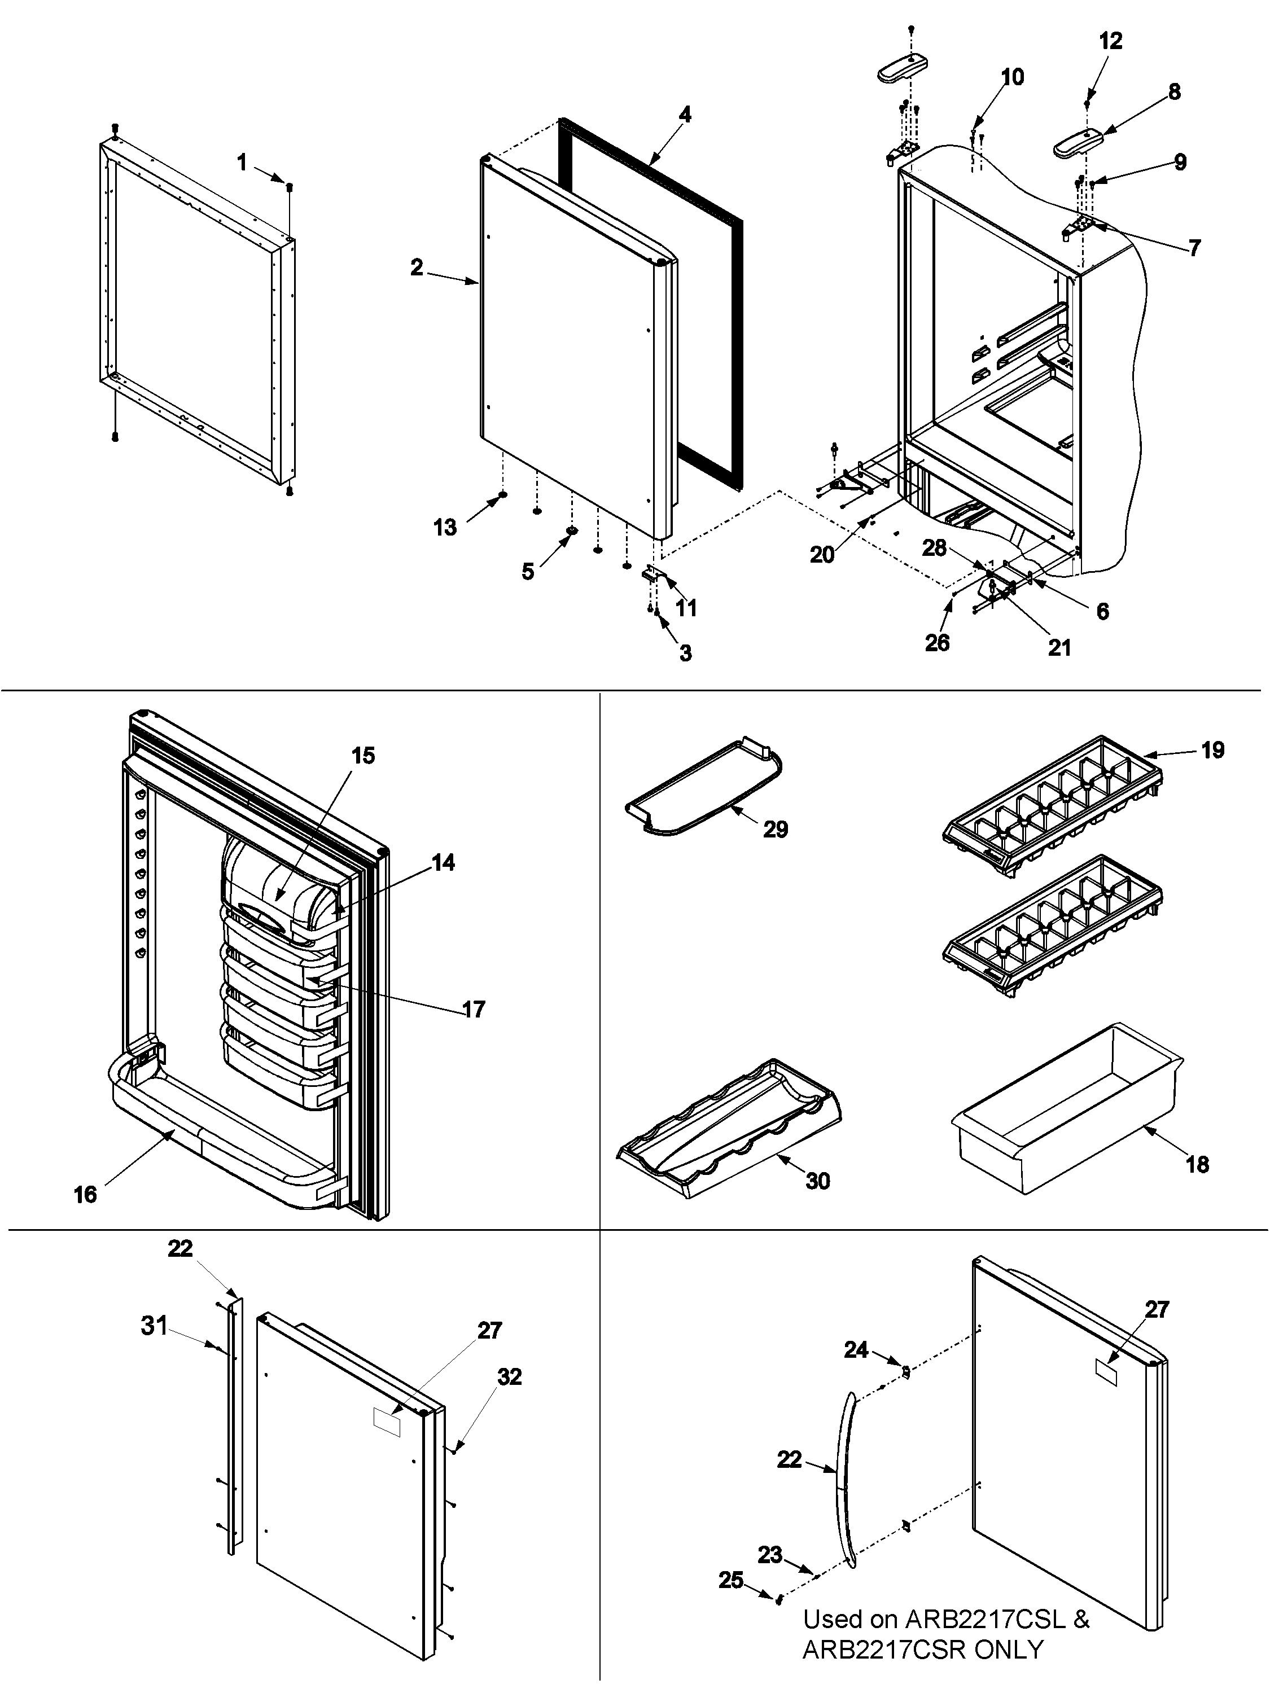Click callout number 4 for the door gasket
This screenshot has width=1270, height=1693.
[684, 115]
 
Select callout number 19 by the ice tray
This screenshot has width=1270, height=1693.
[1212, 750]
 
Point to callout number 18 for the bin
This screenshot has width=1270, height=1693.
[1197, 1164]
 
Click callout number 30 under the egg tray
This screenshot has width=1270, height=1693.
[817, 1181]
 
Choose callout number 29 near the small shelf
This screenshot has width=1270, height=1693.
[776, 829]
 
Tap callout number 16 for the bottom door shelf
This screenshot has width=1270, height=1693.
[85, 1194]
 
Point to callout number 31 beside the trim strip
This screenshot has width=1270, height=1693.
[154, 1326]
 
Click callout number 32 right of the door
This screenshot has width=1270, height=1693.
[509, 1376]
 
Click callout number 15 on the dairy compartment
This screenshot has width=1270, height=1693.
[363, 756]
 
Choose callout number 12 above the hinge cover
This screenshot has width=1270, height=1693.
[1110, 41]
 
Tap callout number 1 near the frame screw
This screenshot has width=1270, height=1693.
[242, 163]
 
